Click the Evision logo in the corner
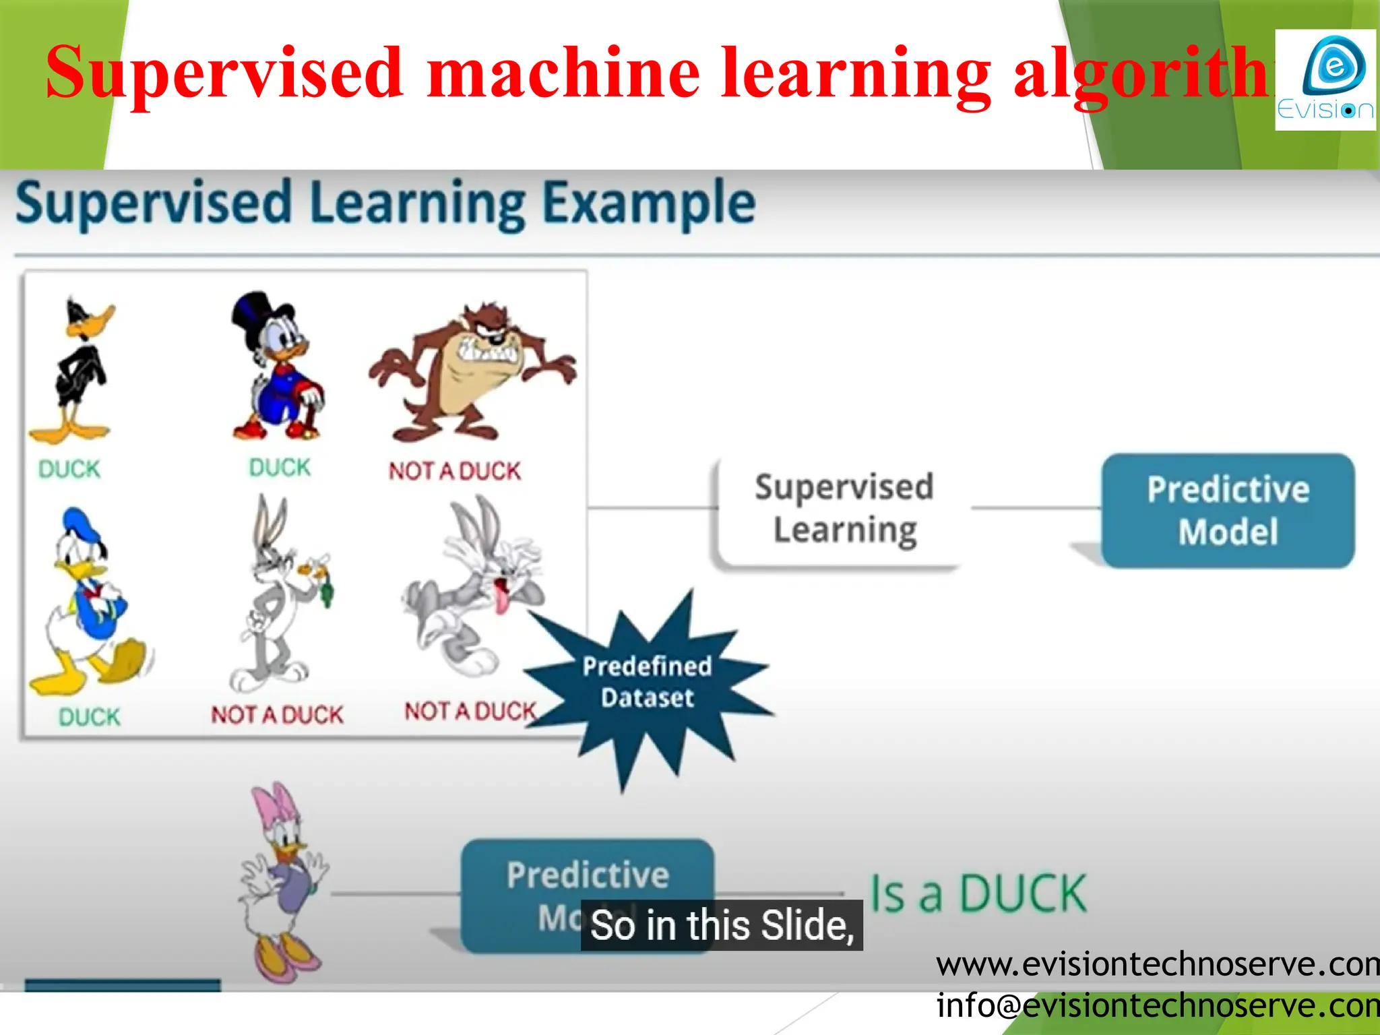click(1325, 80)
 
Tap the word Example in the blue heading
click(648, 203)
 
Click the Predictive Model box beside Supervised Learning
click(1228, 510)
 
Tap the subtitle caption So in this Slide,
click(722, 924)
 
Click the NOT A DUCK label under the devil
click(455, 471)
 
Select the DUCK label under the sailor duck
click(89, 717)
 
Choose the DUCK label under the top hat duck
click(280, 468)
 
